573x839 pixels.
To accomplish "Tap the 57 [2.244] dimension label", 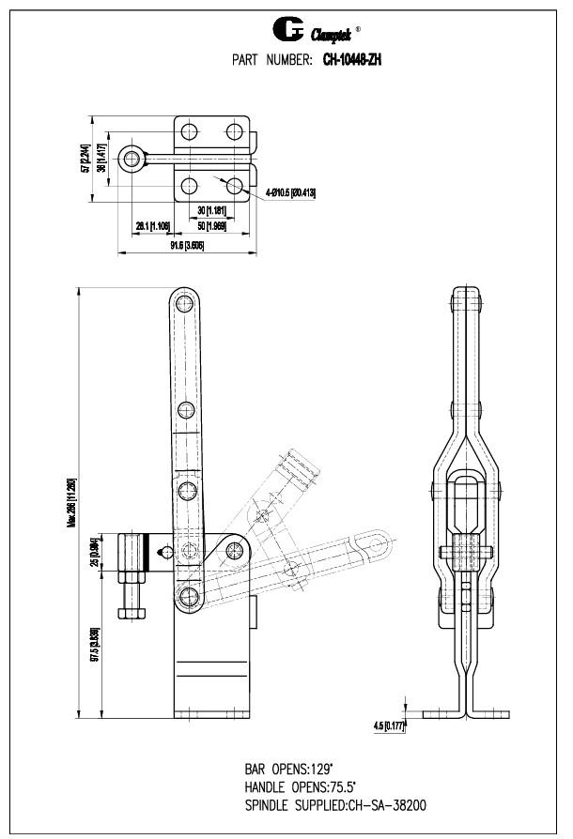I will click(x=85, y=160).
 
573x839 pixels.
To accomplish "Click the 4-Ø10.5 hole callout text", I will click(x=290, y=192).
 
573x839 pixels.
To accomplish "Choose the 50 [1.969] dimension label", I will click(x=212, y=226).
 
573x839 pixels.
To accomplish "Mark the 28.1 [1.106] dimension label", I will click(x=152, y=226).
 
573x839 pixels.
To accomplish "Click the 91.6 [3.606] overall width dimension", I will click(x=187, y=246).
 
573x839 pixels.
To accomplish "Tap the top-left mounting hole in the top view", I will click(x=190, y=130).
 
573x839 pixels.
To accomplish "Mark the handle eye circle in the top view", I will click(x=131, y=158).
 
